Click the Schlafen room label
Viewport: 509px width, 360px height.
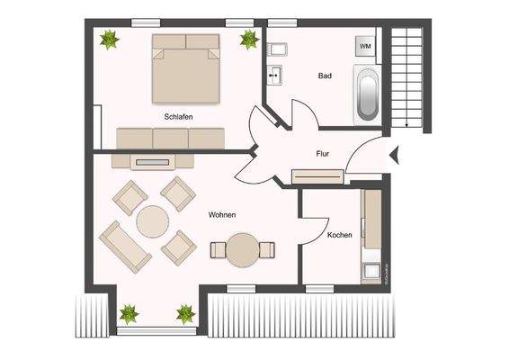(179, 117)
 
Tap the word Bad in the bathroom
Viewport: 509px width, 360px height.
(325, 76)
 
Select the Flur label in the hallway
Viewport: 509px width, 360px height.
(322, 154)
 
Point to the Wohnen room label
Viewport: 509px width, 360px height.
(222, 215)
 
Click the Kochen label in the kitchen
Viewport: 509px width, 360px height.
(339, 235)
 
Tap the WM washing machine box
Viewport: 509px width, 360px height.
(366, 45)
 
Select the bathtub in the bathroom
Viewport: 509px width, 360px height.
(368, 94)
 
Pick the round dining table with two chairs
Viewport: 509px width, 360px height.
(242, 249)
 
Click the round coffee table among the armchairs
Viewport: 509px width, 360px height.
(153, 220)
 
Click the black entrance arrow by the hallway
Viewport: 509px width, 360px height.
(395, 158)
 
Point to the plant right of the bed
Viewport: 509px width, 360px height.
(248, 38)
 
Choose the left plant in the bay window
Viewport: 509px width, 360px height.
(129, 314)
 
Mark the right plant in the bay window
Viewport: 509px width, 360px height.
(185, 314)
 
